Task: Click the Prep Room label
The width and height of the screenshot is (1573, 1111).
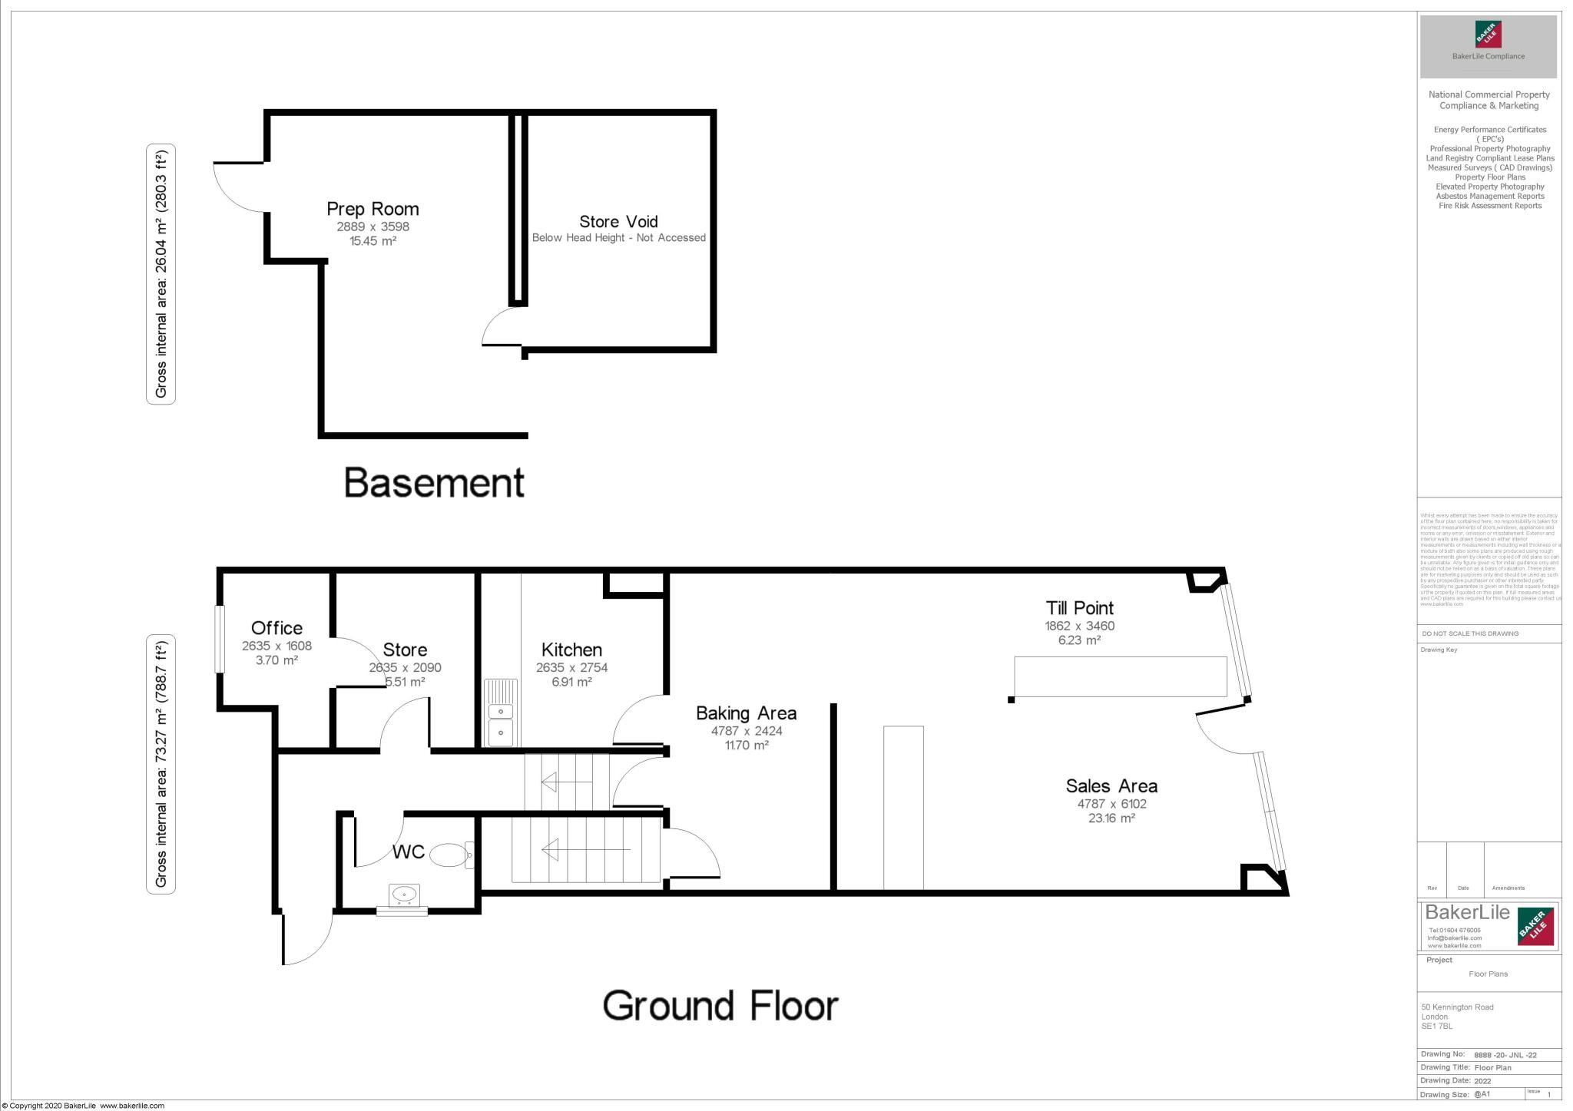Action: (x=373, y=209)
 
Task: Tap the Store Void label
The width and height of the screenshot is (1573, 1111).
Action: (x=618, y=222)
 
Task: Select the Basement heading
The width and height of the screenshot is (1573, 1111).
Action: (x=434, y=483)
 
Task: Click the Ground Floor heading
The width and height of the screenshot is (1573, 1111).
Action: (x=720, y=1005)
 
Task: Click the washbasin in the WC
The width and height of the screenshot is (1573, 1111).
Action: (x=403, y=895)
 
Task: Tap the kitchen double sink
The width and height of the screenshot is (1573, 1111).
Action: (x=500, y=713)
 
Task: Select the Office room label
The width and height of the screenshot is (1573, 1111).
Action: (x=277, y=628)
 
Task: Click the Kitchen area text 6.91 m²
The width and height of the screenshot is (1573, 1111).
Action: (x=571, y=682)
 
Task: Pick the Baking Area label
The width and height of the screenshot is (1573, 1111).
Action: (x=746, y=713)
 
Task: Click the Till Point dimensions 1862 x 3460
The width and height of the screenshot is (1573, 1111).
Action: (x=1079, y=626)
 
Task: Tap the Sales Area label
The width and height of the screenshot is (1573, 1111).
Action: (x=1111, y=785)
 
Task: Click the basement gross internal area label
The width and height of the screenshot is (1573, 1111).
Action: (x=161, y=274)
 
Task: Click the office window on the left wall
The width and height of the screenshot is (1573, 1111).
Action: (x=219, y=640)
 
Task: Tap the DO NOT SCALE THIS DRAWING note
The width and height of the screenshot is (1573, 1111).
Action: (x=1470, y=633)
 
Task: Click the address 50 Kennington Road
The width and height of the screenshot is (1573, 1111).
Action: (x=1457, y=1007)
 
